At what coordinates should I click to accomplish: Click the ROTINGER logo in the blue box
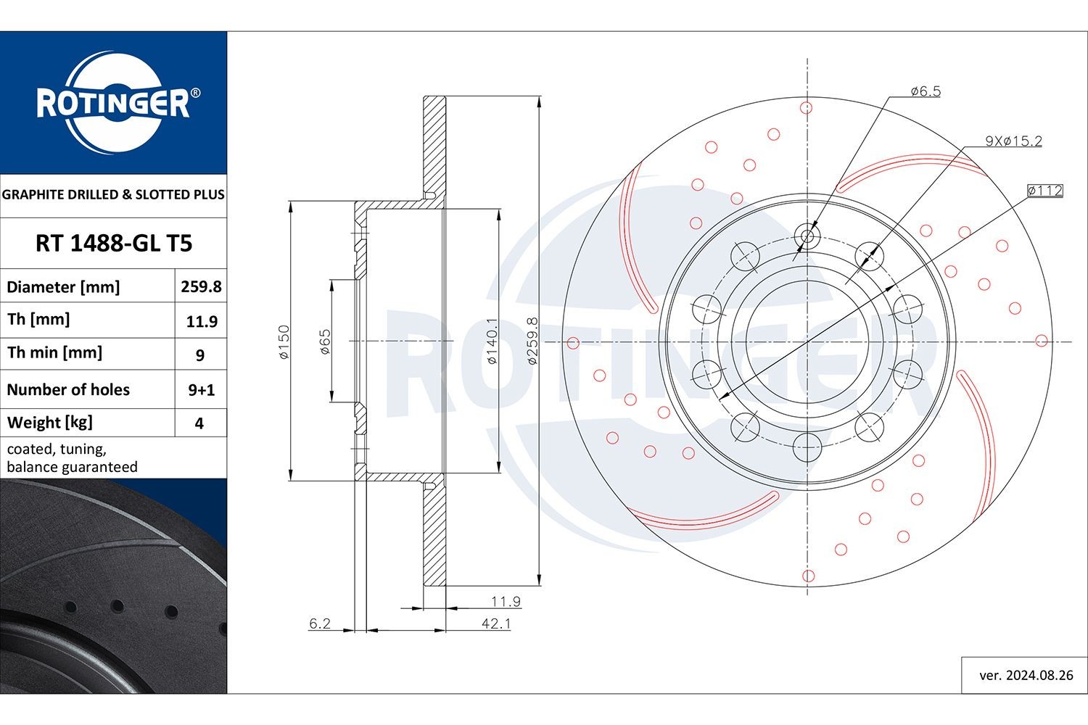[x=113, y=102]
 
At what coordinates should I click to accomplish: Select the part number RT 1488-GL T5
[x=114, y=244]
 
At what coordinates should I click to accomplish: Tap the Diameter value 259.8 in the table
[x=201, y=286]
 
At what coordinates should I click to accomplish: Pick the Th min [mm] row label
[x=54, y=353]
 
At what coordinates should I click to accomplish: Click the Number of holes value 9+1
[x=201, y=390]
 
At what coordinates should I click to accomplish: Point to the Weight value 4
[x=199, y=423]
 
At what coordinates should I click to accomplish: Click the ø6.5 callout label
[x=925, y=91]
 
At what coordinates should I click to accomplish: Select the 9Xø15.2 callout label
[x=1013, y=141]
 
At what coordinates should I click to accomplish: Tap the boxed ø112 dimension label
[x=1044, y=191]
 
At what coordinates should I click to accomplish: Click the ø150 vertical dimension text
[x=284, y=341]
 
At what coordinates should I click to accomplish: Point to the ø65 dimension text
[x=325, y=341]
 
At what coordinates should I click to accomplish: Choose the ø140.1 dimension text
[x=492, y=341]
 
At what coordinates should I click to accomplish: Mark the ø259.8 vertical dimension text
[x=532, y=341]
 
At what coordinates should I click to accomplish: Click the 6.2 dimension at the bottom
[x=320, y=623]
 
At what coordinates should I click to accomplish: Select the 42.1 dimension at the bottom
[x=496, y=623]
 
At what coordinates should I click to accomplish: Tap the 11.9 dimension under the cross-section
[x=506, y=601]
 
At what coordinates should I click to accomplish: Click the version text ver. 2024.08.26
[x=1026, y=675]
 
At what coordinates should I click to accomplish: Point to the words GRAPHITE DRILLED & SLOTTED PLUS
[x=113, y=194]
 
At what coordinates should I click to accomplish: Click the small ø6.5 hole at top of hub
[x=807, y=236]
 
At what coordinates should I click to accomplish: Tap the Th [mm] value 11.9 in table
[x=201, y=321]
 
